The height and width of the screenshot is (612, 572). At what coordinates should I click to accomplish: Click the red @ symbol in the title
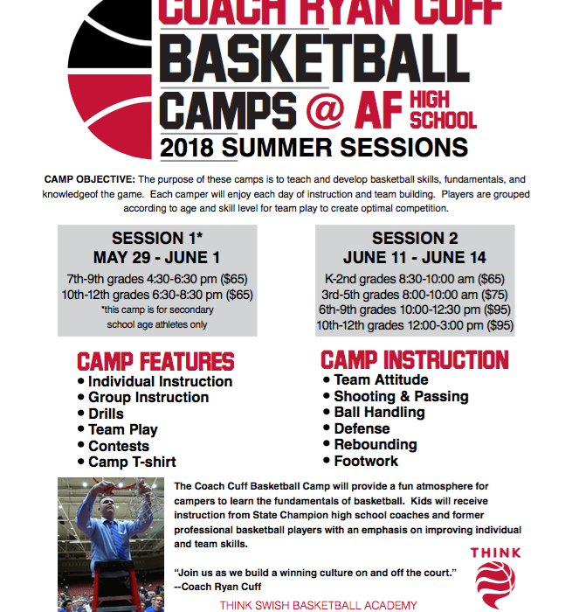pos(325,110)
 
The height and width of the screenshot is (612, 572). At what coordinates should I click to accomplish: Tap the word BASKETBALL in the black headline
pos(314,59)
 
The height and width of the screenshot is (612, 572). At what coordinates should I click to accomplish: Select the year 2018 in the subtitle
pos(187,149)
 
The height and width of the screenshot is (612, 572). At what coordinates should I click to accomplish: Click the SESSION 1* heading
pos(157,238)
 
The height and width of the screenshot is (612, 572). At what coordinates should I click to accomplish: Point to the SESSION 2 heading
pos(415,238)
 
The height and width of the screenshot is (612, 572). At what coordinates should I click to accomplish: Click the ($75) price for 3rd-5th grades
pos(494,295)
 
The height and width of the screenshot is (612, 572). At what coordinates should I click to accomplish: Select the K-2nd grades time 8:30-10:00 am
pos(436,279)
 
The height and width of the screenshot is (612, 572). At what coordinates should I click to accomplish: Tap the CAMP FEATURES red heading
pos(155,361)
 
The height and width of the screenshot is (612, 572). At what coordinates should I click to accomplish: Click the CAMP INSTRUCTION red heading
pos(415,360)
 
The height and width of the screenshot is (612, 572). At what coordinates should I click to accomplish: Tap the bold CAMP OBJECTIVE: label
pos(90,179)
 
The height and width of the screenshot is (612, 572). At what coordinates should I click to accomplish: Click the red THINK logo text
pos(495,553)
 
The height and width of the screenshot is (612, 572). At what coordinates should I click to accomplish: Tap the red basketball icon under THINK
pos(495,584)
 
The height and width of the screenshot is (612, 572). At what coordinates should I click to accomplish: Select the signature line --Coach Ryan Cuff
pos(217,587)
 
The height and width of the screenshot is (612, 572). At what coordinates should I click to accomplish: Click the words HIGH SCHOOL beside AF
pos(443,110)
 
